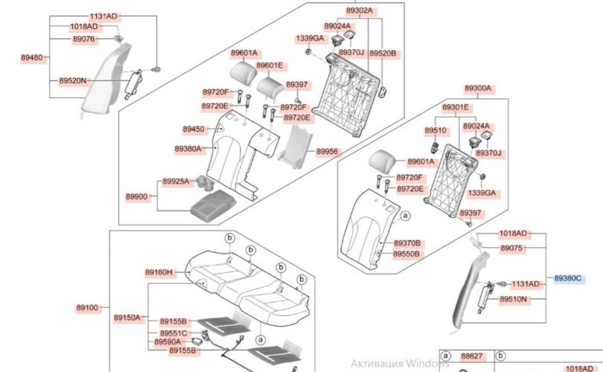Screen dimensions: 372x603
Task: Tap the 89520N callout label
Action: pyautogui.click(x=72, y=80)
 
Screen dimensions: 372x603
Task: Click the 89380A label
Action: pyautogui.click(x=188, y=149)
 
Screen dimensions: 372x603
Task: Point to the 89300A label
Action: pyautogui.click(x=479, y=89)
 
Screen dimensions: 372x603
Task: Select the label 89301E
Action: pyautogui.click(x=456, y=108)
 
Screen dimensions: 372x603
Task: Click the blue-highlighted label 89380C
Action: pyautogui.click(x=569, y=278)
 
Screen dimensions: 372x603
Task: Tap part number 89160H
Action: pyautogui.click(x=158, y=272)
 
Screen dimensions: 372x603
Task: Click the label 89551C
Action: pyautogui.click(x=174, y=333)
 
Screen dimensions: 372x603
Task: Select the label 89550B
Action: pyautogui.click(x=407, y=254)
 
